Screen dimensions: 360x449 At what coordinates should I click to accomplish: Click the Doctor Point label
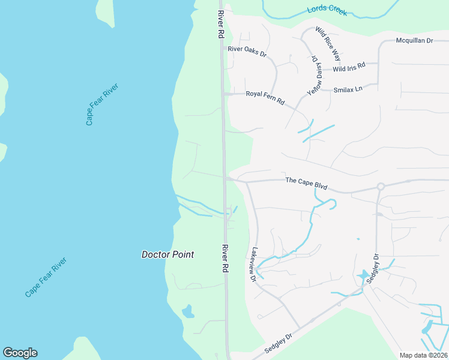click(x=167, y=254)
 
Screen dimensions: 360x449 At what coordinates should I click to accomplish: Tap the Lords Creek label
click(x=327, y=11)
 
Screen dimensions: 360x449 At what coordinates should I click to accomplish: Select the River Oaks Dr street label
click(x=247, y=52)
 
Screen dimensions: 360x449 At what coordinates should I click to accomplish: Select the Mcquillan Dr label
click(x=414, y=41)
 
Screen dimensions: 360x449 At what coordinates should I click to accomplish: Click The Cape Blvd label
click(x=306, y=183)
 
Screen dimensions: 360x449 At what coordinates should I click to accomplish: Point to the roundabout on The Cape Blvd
click(x=380, y=187)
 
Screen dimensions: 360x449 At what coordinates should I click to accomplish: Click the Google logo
click(x=20, y=353)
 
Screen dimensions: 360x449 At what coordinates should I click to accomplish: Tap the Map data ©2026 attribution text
click(x=423, y=355)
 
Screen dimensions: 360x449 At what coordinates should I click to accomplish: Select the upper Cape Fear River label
click(x=102, y=104)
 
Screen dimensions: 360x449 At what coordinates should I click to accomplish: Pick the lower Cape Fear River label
click(x=46, y=277)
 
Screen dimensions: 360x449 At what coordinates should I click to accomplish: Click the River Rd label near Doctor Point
click(x=226, y=259)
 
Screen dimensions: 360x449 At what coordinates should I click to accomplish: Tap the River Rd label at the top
click(x=221, y=24)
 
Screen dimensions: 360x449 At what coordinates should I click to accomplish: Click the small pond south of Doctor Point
click(x=188, y=311)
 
